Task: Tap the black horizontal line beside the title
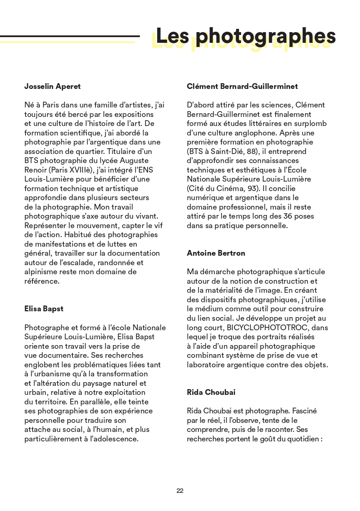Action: click(x=70, y=36)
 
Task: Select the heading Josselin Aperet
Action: click(x=52, y=86)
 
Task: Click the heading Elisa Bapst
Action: click(x=44, y=309)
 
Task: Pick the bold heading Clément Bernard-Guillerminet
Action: click(x=242, y=86)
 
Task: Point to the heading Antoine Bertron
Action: click(x=216, y=253)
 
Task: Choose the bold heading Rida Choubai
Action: click(x=211, y=392)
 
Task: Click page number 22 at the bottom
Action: click(x=180, y=491)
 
